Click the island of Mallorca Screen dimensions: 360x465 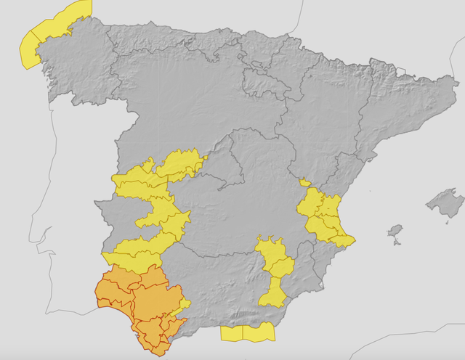pyautogui.click(x=445, y=201)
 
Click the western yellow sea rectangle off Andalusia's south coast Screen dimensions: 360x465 pyautogui.click(x=231, y=334)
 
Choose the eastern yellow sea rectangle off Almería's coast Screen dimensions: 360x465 pyautogui.click(x=259, y=332)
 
